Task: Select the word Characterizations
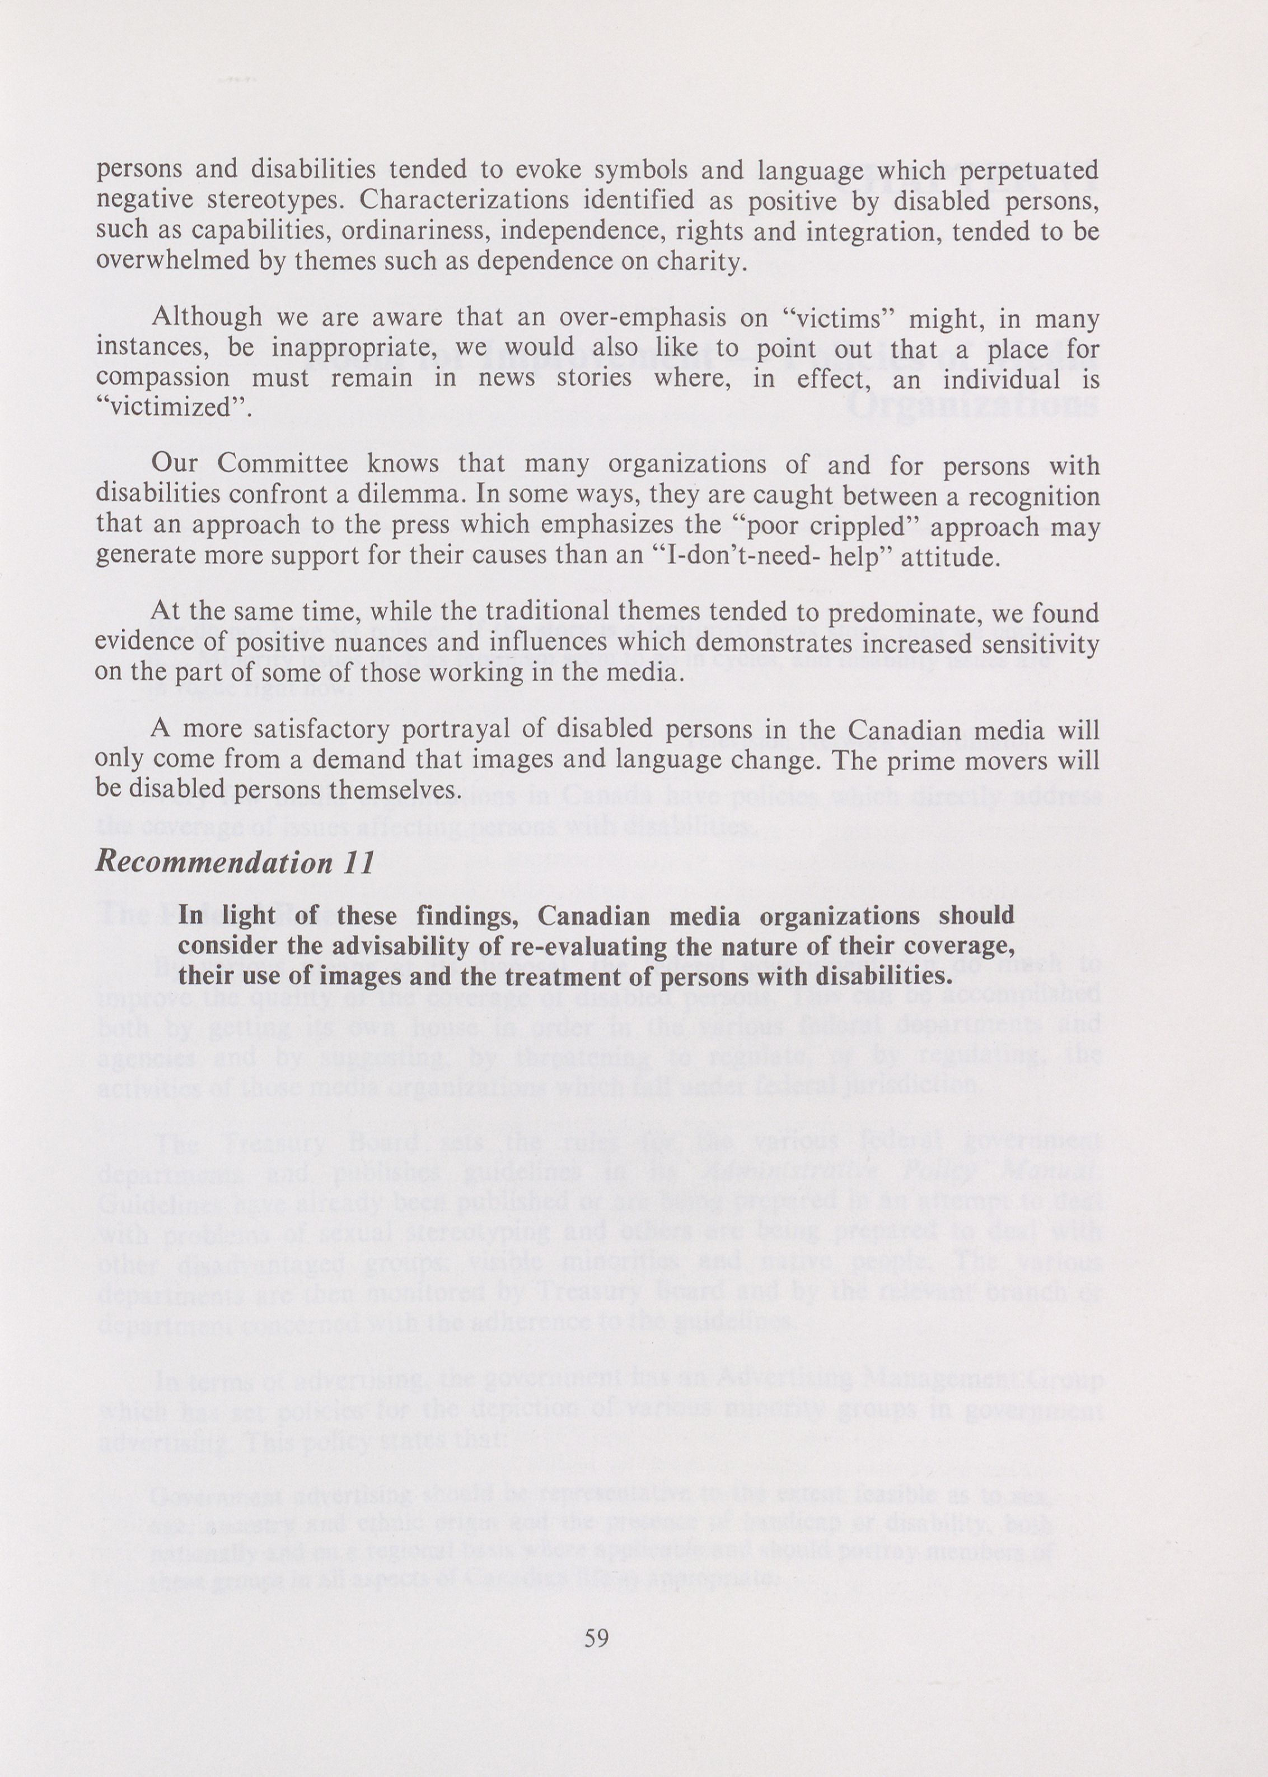click(x=463, y=200)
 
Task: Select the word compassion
click(x=162, y=379)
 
